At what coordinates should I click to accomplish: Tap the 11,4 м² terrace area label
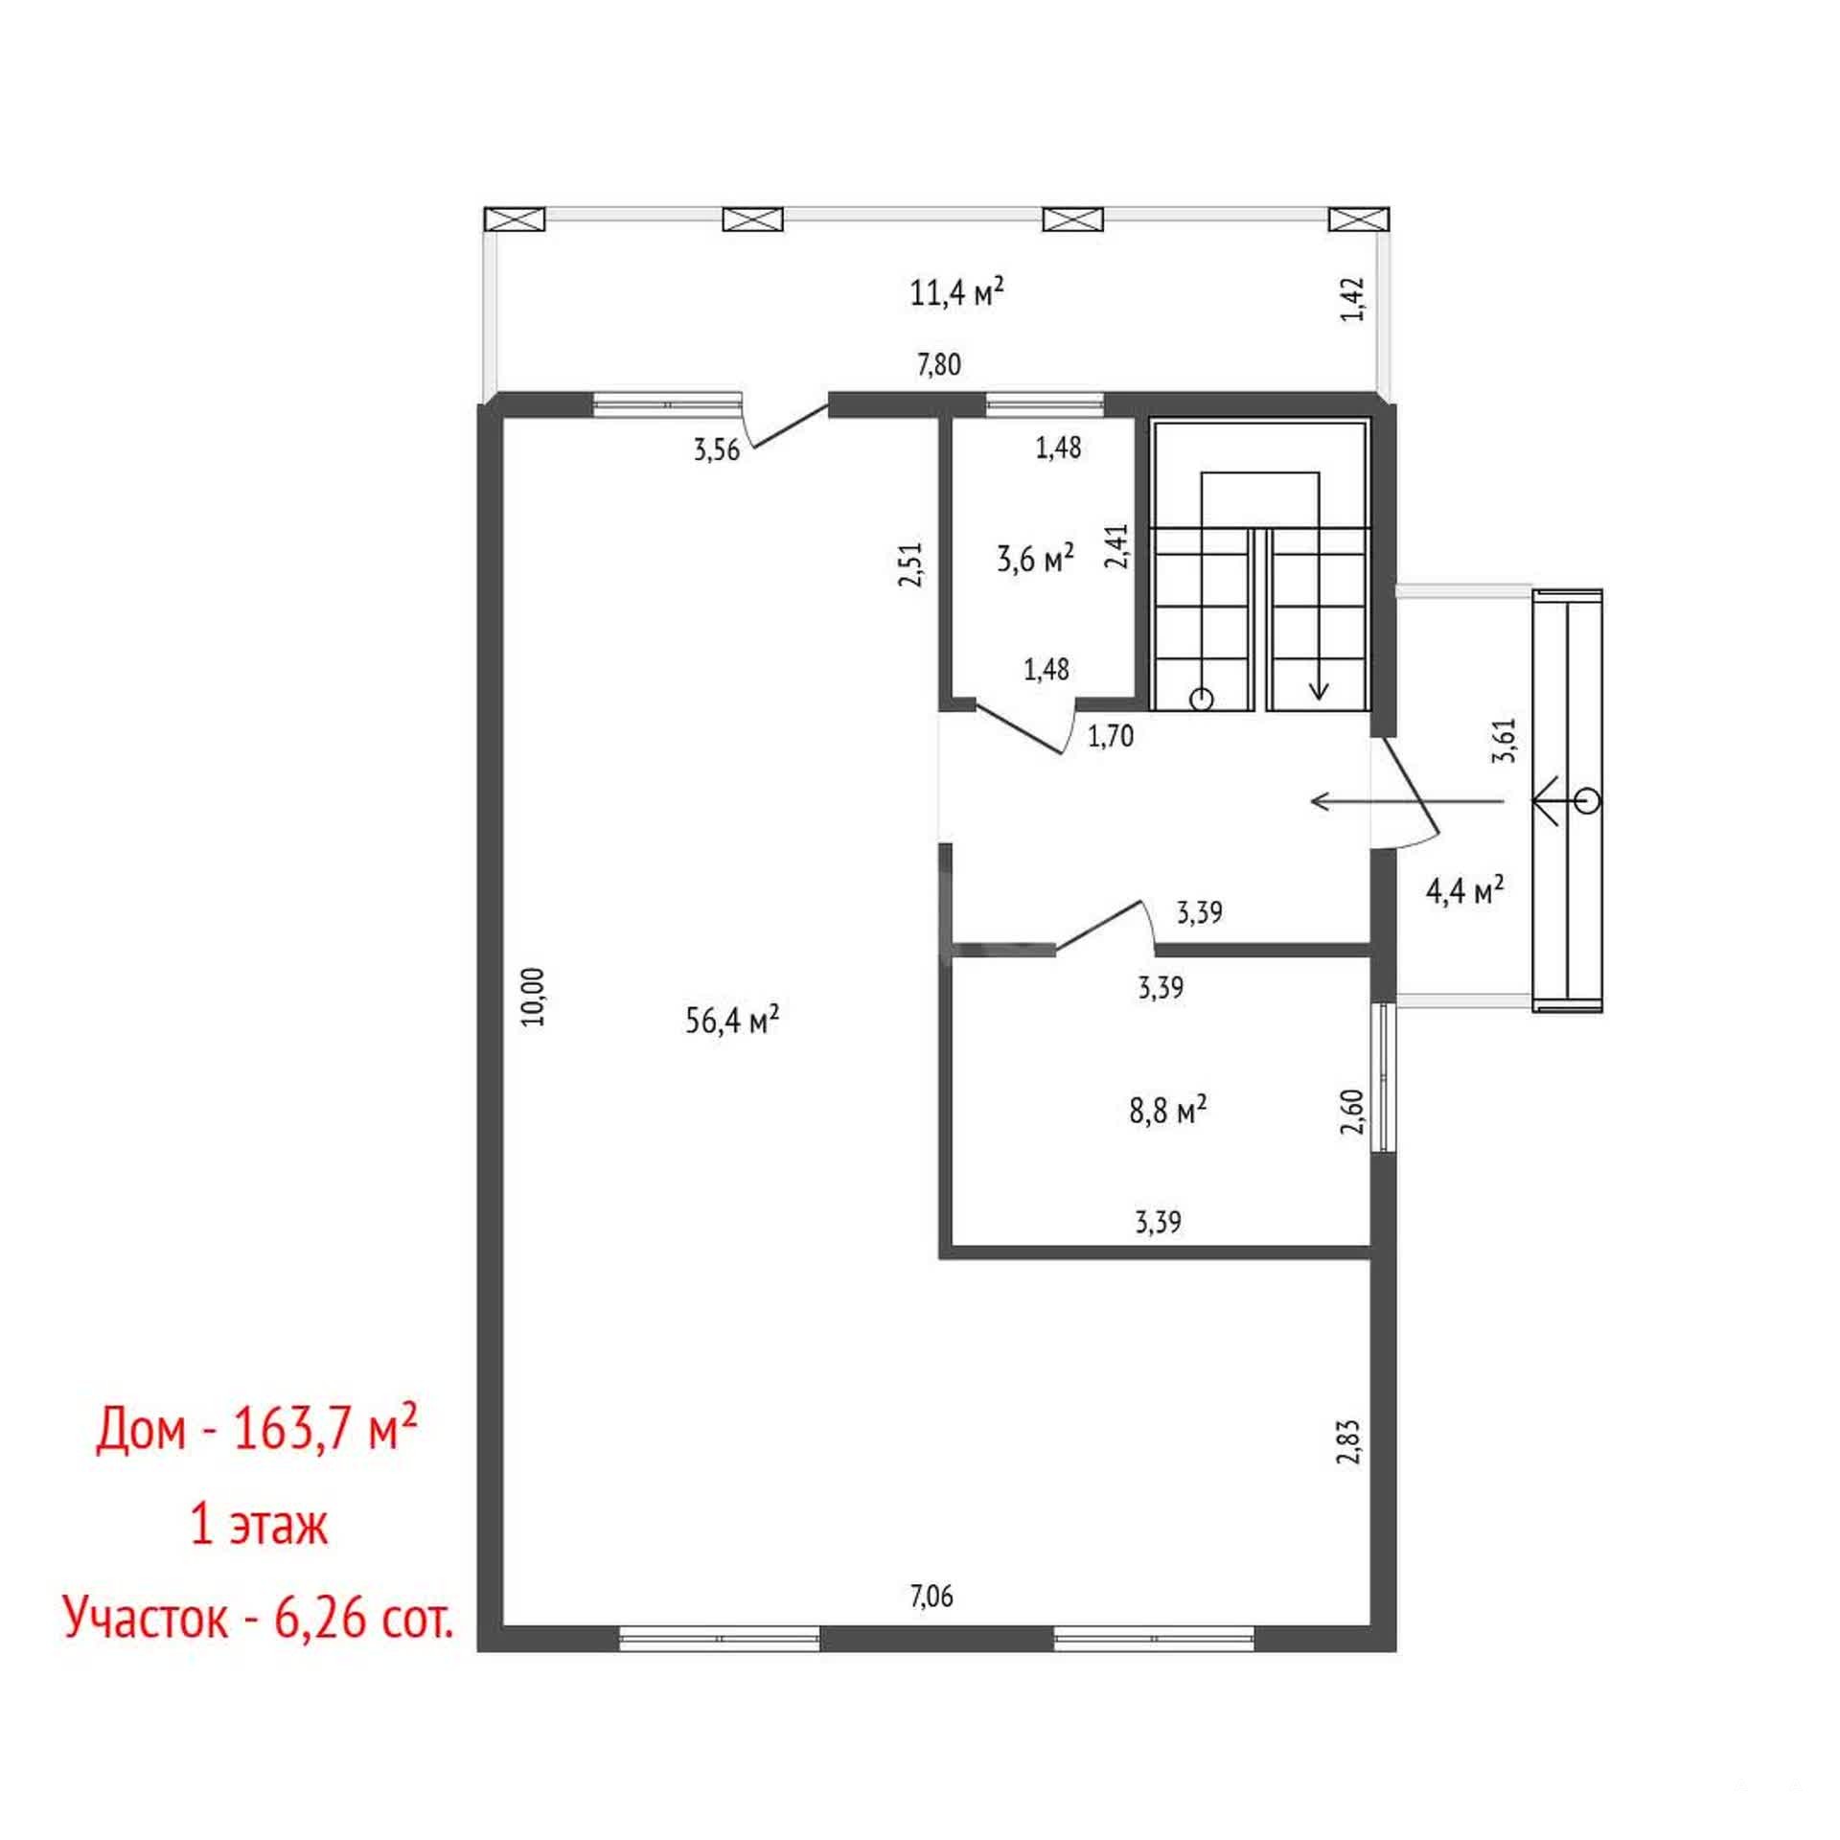pos(956,290)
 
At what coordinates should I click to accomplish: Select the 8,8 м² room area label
pos(1168,1111)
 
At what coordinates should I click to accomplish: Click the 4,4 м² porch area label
pos(1465,890)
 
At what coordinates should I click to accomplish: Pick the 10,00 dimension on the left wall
pos(535,997)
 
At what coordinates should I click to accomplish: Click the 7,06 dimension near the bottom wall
pos(931,1596)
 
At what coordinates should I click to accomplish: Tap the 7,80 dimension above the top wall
pos(938,364)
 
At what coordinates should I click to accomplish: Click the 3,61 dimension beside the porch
pos(1508,740)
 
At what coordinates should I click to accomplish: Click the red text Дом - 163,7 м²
pos(256,1432)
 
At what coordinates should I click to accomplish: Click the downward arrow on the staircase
pos(1319,613)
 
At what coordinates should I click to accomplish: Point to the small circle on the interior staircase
pos(1200,700)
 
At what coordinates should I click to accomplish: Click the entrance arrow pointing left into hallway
pos(1407,800)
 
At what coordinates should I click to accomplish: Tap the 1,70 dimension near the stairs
pos(1111,736)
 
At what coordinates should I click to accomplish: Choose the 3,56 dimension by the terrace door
pos(717,449)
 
